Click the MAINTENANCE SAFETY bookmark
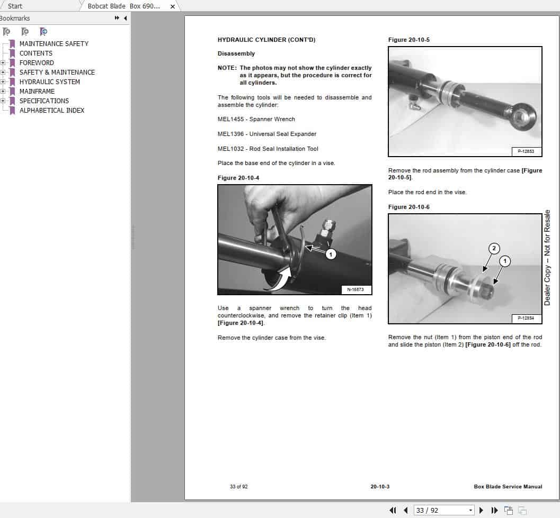pyautogui.click(x=54, y=44)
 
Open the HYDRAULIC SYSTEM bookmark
pyautogui.click(x=49, y=82)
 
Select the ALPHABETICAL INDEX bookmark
pyautogui.click(x=51, y=111)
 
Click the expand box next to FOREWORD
pyautogui.click(x=3, y=63)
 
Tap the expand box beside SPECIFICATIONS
pyautogui.click(x=3, y=101)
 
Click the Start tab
pyautogui.click(x=15, y=6)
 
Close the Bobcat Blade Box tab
pyautogui.click(x=172, y=6)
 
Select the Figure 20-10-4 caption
pyautogui.click(x=238, y=178)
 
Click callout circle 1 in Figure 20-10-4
pyautogui.click(x=331, y=255)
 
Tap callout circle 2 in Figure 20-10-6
pyautogui.click(x=493, y=248)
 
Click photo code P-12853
pyautogui.click(x=526, y=151)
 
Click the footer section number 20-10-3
pyautogui.click(x=379, y=487)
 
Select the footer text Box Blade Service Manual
pyautogui.click(x=508, y=487)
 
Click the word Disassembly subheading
pyautogui.click(x=236, y=54)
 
